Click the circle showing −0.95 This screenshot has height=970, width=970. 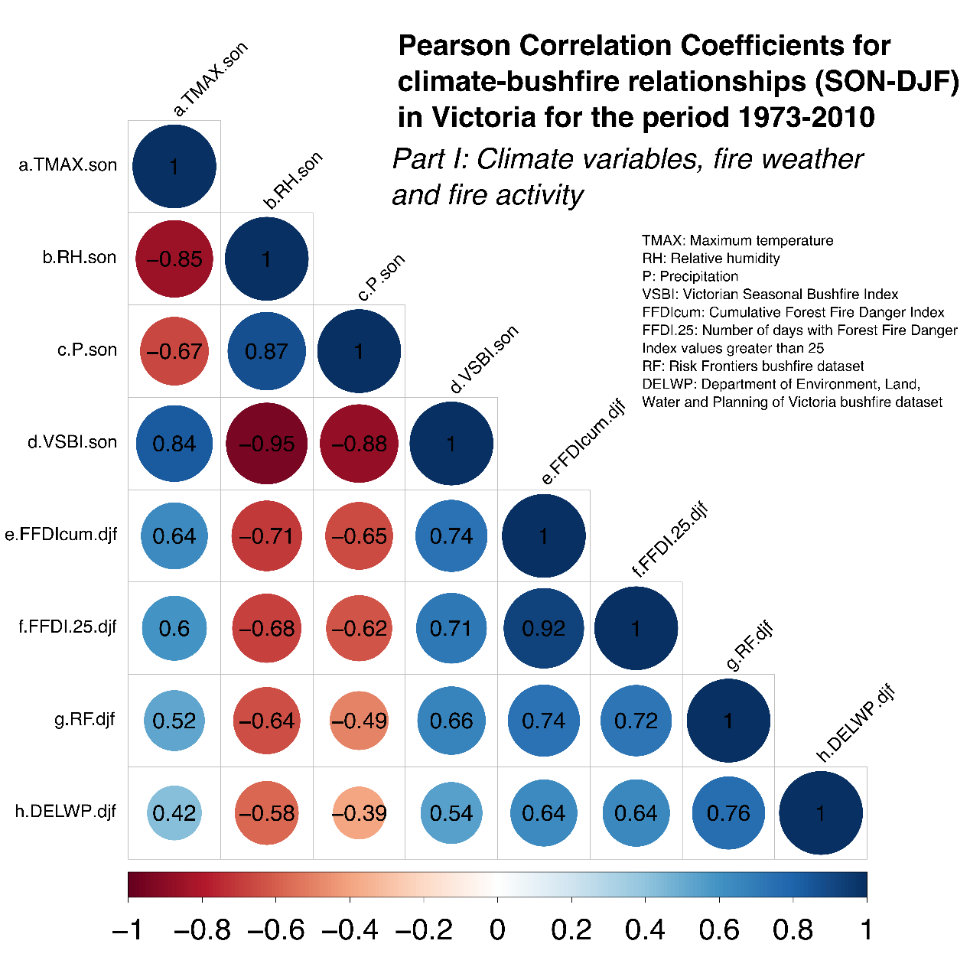tap(267, 444)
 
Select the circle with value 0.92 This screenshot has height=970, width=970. tap(544, 628)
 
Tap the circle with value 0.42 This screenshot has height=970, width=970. tap(174, 813)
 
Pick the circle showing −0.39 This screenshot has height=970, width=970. tap(359, 813)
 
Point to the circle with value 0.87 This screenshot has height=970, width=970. tap(267, 351)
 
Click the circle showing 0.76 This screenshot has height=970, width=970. tap(728, 813)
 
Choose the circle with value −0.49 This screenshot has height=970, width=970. tap(359, 721)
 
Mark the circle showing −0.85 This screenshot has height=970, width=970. tap(174, 259)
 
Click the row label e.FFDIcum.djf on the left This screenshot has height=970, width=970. tap(61, 534)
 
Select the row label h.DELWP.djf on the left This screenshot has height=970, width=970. tap(66, 811)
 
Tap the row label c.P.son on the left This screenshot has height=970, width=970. tap(87, 350)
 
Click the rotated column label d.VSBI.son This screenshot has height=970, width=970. tap(483, 360)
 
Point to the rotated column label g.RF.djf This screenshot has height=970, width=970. tap(750, 646)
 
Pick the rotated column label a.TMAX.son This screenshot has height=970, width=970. tap(210, 80)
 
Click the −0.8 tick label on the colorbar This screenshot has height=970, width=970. tap(202, 930)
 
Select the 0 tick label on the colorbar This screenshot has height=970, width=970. tap(497, 930)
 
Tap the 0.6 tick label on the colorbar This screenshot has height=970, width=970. tap(719, 930)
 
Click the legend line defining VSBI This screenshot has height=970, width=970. tap(770, 295)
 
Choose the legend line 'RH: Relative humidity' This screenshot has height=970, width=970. tap(711, 259)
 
